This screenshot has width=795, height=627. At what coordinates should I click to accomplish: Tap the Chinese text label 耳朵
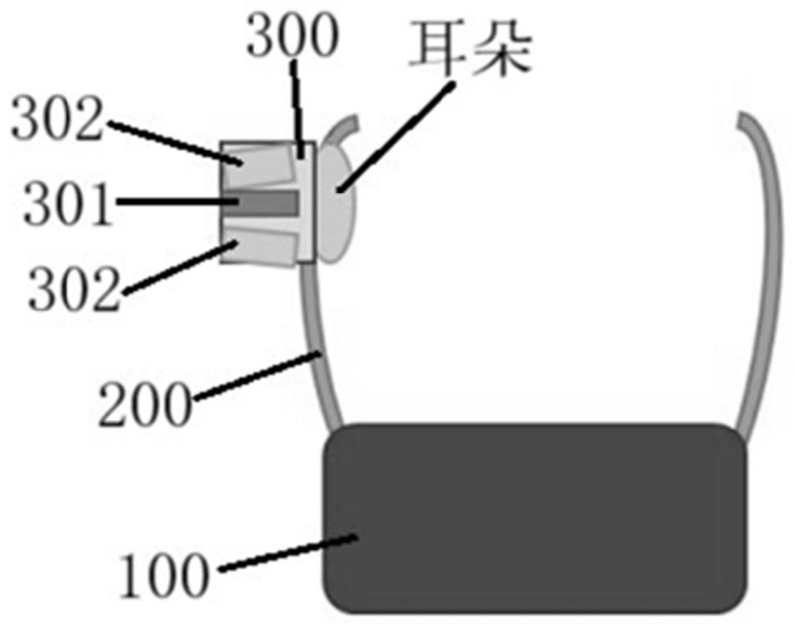pos(471,49)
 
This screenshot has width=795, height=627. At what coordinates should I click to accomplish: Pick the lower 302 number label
pos(74,289)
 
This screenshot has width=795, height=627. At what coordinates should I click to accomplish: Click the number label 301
pos(68,205)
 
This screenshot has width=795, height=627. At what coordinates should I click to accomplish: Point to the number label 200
pos(145,405)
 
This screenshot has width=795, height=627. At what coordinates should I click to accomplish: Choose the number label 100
pos(163,576)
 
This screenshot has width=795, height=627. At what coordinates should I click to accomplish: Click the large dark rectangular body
pos(535,518)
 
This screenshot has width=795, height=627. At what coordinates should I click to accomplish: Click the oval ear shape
pos(336,204)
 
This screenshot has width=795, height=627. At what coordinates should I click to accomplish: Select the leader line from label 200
pos(257,377)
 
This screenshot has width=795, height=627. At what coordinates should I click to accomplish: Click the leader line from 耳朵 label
pos(396,137)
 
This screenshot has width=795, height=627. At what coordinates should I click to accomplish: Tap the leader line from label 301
pos(177,202)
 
